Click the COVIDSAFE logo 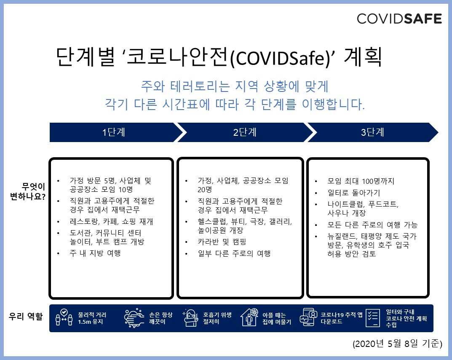[x=399, y=19]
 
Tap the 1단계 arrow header [x=114, y=132]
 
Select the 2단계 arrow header [x=245, y=132]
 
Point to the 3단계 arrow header [x=372, y=132]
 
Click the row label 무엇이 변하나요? [x=28, y=191]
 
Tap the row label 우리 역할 [x=26, y=317]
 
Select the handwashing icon [x=134, y=318]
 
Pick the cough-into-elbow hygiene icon [x=191, y=318]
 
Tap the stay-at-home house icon [x=249, y=318]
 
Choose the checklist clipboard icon [x=372, y=318]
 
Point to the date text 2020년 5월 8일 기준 [x=397, y=344]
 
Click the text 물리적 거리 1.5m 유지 [x=93, y=318]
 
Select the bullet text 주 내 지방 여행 [x=95, y=253]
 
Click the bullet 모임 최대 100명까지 [x=361, y=181]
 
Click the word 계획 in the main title [x=362, y=58]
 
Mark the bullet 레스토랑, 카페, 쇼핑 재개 [x=108, y=221]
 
